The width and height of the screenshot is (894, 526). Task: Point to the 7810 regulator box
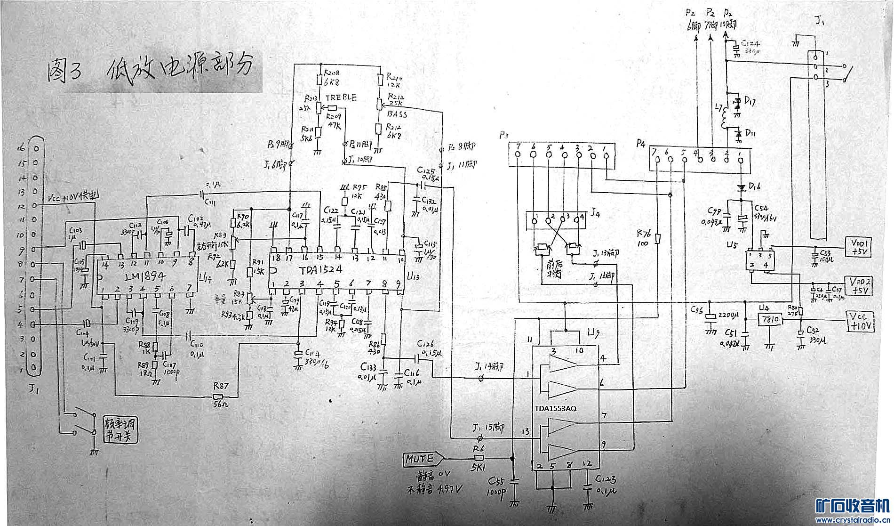769,320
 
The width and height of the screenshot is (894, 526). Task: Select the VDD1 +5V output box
859,247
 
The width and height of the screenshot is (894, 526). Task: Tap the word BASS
397,114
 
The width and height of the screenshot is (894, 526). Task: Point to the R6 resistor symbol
479,458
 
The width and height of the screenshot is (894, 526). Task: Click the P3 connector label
504,136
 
